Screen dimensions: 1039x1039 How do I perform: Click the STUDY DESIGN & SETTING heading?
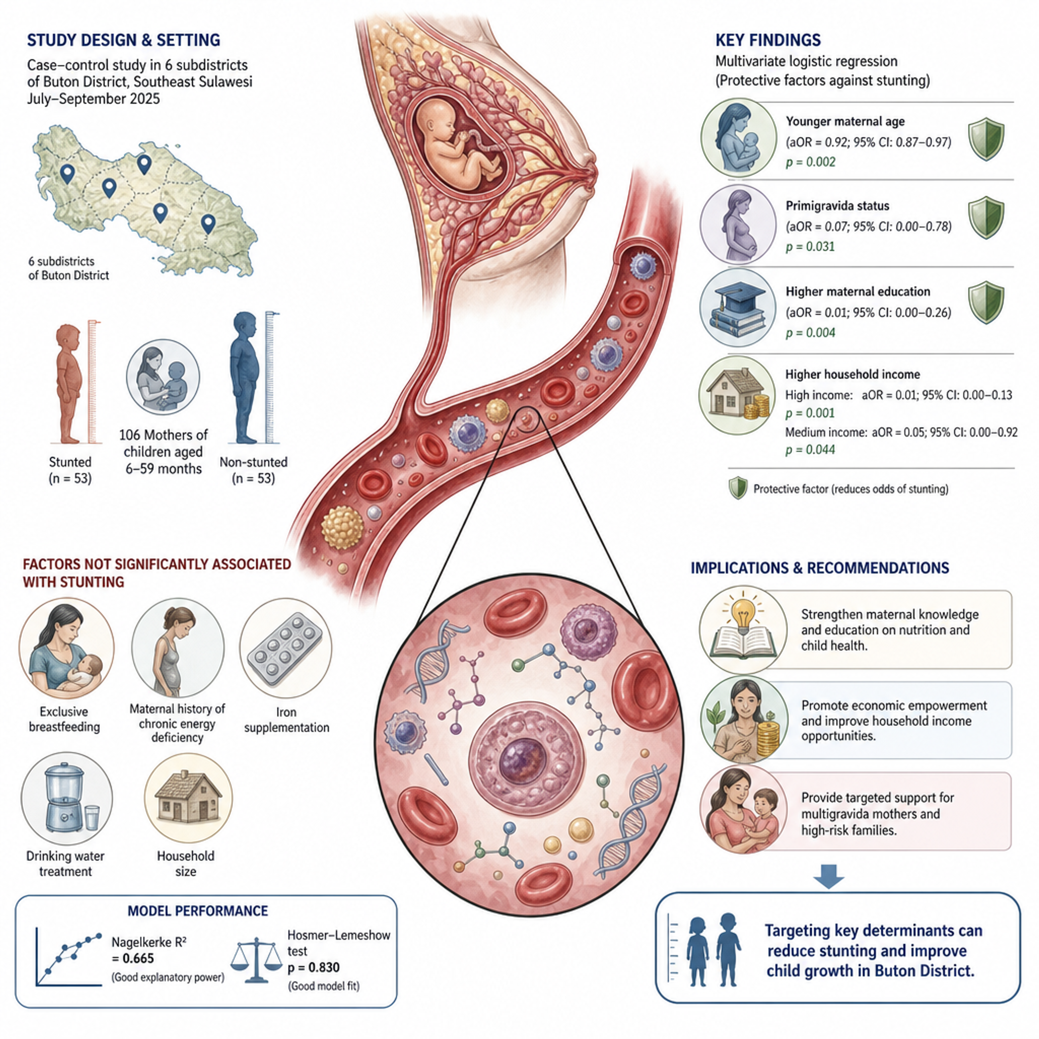[x=123, y=41]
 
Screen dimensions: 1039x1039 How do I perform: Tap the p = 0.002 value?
[x=810, y=162]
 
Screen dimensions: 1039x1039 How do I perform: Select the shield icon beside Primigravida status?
[x=986, y=217]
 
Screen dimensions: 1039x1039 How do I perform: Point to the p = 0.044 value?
[x=810, y=449]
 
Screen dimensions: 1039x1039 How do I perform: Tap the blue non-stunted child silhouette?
[x=245, y=377]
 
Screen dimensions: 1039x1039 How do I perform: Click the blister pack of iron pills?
[x=285, y=647]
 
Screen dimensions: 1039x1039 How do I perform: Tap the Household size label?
[x=186, y=863]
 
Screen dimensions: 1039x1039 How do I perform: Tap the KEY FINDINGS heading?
[x=768, y=41]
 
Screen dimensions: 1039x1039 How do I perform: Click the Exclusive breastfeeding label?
[x=64, y=719]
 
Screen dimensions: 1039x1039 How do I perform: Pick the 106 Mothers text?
[x=163, y=435]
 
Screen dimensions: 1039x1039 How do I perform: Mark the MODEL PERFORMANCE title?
[x=197, y=911]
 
